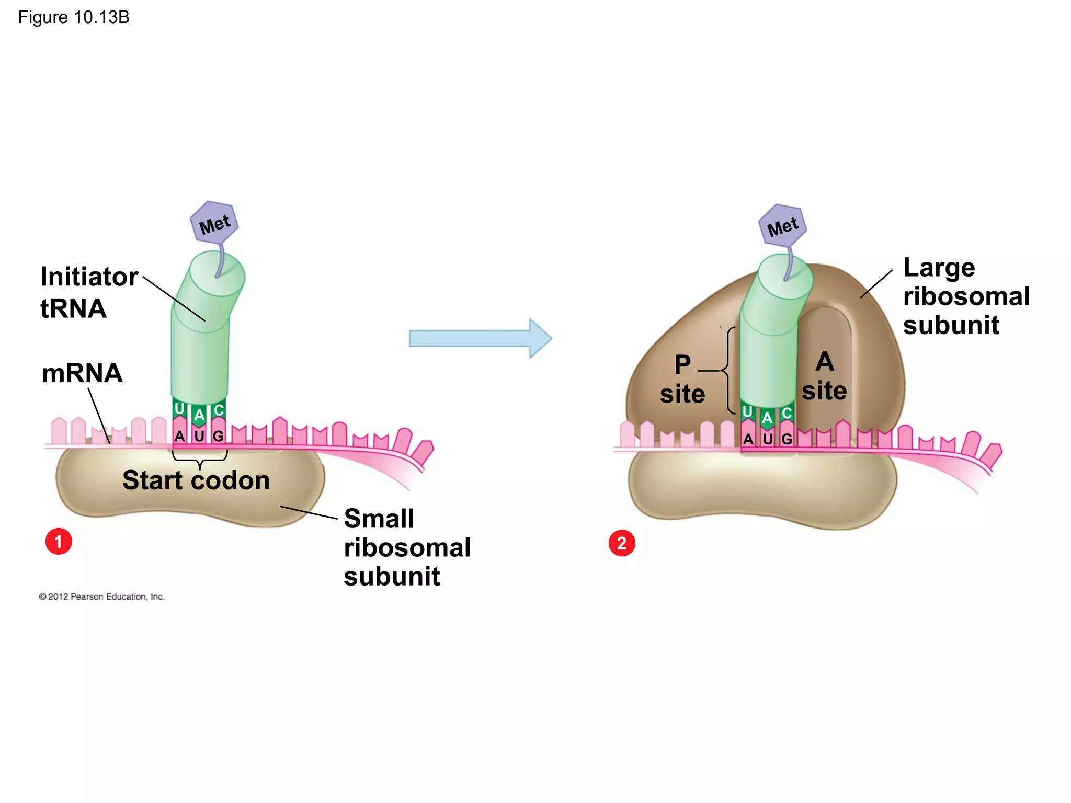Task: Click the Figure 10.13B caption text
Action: click(x=74, y=17)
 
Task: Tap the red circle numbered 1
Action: click(x=59, y=541)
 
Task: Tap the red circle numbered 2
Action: click(x=622, y=543)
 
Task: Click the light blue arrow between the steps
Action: click(x=480, y=338)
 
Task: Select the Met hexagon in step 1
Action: click(x=214, y=223)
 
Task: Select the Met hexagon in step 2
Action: click(x=783, y=226)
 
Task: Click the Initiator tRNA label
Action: click(x=89, y=292)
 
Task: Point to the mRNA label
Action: click(x=82, y=373)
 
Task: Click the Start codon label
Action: click(x=196, y=480)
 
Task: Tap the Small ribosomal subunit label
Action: click(x=406, y=547)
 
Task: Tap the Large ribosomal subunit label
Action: click(x=965, y=296)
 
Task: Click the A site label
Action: click(x=824, y=376)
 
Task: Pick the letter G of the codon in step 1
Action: click(x=219, y=436)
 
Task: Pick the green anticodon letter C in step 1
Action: click(x=219, y=410)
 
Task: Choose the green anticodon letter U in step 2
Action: click(x=747, y=412)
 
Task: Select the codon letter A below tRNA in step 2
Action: click(x=748, y=439)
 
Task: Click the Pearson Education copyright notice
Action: click(x=102, y=596)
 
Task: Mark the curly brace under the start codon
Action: click(x=200, y=460)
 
